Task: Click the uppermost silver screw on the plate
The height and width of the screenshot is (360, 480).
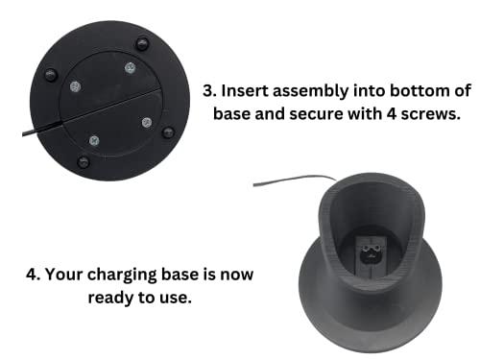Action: tap(129, 67)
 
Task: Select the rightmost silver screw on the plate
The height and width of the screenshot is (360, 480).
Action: tap(147, 122)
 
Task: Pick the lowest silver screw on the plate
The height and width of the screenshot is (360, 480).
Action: tap(93, 140)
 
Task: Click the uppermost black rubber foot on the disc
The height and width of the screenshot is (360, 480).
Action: tap(142, 42)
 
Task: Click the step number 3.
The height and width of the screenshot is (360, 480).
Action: tap(209, 92)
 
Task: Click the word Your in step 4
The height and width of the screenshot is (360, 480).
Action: tap(66, 274)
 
